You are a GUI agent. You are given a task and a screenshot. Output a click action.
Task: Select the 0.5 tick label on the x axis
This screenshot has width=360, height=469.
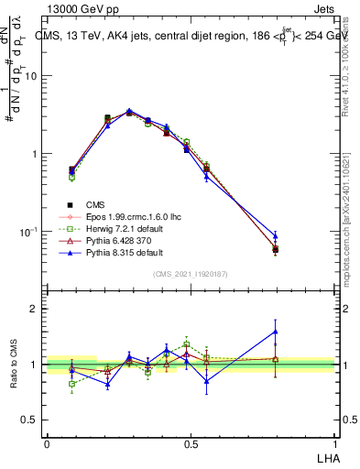[191, 443]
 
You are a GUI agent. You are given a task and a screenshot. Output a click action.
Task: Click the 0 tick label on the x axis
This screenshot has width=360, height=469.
[47, 443]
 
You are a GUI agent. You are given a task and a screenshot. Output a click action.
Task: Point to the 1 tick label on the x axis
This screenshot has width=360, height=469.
[334, 443]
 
